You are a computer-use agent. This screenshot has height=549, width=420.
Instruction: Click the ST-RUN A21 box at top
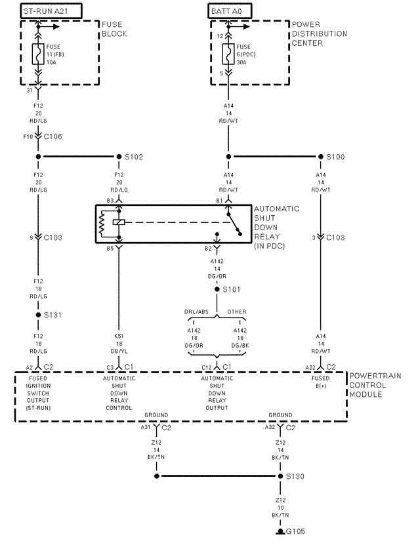pos(45,11)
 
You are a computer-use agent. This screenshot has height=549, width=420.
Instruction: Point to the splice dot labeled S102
pos(119,157)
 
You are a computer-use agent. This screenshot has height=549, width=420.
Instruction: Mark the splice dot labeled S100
pos(320,157)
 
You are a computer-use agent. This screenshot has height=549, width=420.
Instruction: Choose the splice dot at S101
pos(218,289)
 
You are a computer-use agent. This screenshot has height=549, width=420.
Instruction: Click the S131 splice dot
pos(38,315)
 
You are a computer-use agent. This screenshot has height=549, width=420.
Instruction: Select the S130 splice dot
pos(280,476)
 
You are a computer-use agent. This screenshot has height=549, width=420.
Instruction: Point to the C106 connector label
pos(52,136)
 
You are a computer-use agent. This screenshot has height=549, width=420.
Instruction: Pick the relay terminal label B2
pos(208,249)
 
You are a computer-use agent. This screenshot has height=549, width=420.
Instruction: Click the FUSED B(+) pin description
pos(321,382)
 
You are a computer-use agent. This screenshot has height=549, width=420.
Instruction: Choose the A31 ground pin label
pos(146,427)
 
